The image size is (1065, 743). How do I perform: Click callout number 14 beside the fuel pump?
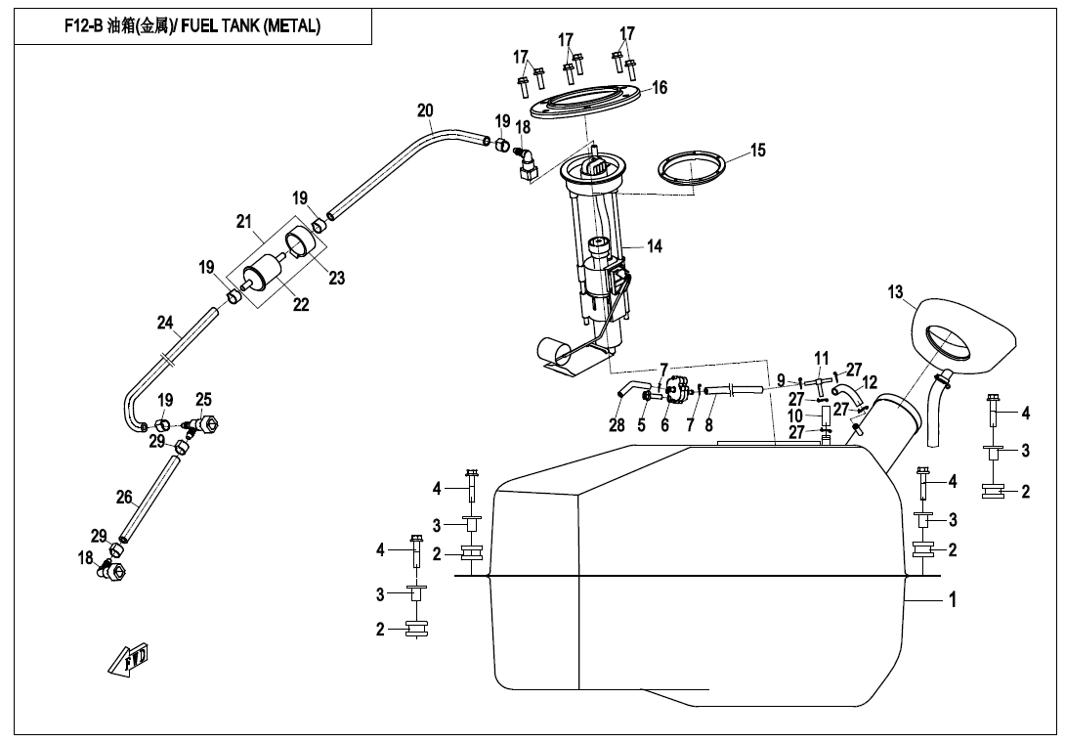(x=655, y=246)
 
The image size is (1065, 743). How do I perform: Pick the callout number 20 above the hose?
(x=425, y=111)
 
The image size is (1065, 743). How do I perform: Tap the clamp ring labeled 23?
(x=305, y=240)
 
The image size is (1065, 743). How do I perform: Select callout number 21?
(x=244, y=222)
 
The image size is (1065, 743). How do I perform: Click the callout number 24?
(x=165, y=322)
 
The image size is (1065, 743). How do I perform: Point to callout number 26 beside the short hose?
(x=124, y=498)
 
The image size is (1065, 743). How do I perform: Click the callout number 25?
(x=203, y=400)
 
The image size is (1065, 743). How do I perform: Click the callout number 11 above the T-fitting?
(x=821, y=357)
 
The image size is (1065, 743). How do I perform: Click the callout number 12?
(x=870, y=381)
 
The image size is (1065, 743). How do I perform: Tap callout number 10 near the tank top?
(x=796, y=416)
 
